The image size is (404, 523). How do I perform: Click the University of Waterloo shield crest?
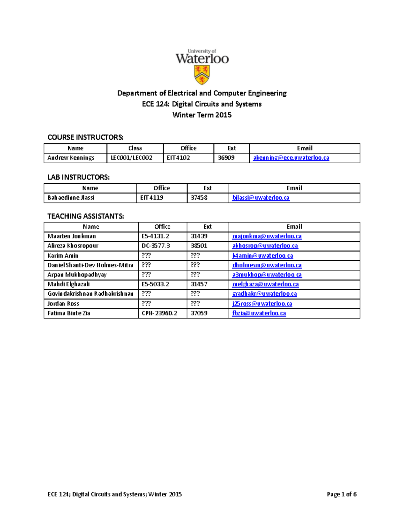tap(202, 75)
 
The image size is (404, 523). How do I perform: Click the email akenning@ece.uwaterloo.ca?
tap(291, 158)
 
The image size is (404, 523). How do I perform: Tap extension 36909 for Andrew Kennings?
tap(226, 158)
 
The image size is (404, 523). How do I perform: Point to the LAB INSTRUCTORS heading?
tap(78, 177)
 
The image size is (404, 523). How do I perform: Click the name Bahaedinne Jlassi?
tap(71, 198)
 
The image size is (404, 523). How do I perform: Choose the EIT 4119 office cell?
tap(152, 198)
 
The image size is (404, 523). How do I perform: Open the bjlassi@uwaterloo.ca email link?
tap(261, 198)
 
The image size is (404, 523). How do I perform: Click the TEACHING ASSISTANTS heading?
tap(86, 216)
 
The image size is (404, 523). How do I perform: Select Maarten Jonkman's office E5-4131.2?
tap(155, 236)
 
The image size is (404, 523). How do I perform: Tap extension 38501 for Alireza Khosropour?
tap(199, 246)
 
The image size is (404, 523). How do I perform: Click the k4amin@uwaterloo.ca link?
tap(263, 256)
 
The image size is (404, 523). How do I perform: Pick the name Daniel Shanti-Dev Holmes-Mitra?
tap(90, 265)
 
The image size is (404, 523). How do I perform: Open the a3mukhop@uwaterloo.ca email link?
tap(267, 274)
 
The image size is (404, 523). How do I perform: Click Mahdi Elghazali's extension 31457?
tap(199, 284)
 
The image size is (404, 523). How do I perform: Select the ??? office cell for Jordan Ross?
tap(146, 303)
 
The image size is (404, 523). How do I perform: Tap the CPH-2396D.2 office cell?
tap(159, 313)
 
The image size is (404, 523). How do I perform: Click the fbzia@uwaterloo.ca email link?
tap(259, 313)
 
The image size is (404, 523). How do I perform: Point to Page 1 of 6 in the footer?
tap(341, 494)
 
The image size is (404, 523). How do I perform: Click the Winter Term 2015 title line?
tap(202, 115)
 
